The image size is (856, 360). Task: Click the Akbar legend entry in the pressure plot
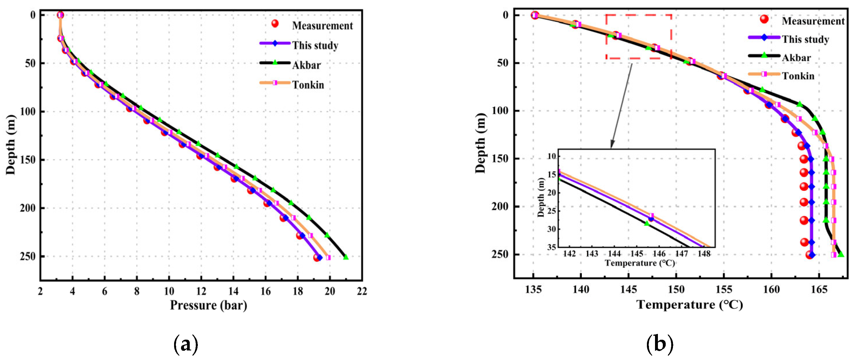[306, 65]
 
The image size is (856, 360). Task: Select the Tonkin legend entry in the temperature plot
[798, 76]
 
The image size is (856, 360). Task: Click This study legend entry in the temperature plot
[805, 39]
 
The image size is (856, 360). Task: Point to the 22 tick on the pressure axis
[362, 291]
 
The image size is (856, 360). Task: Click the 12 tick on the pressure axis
[201, 291]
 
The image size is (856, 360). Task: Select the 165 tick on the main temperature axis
[819, 289]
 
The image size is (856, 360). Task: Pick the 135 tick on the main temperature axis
[533, 289]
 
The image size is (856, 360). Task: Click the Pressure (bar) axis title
[208, 305]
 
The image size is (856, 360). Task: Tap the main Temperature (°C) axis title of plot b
[689, 304]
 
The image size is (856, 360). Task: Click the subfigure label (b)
[660, 345]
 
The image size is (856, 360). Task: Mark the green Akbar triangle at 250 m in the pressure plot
[346, 257]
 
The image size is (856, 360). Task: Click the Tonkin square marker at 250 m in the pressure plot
[328, 257]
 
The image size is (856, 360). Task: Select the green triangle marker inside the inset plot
[647, 223]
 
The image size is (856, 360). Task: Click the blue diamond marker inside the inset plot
[651, 219]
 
